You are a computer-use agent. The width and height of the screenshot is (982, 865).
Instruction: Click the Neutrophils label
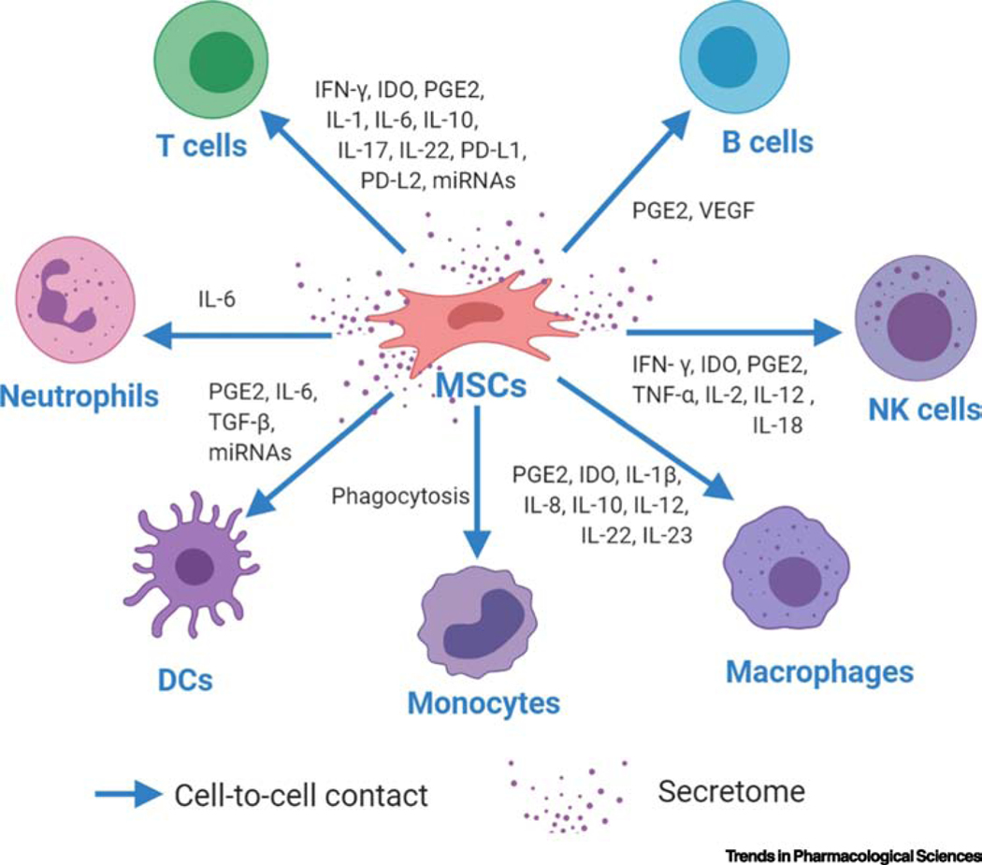click(92, 396)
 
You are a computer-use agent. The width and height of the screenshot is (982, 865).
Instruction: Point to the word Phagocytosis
click(399, 496)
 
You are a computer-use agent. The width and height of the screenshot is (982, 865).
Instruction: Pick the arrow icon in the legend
click(127, 795)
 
